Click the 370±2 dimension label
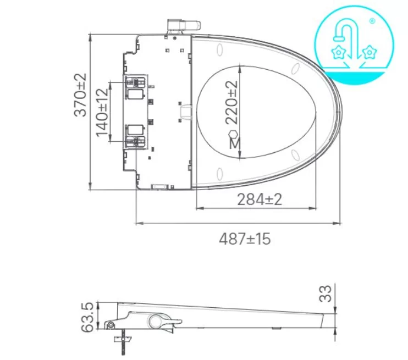tap(81, 95)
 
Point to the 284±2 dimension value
tap(260, 200)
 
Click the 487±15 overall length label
tap(245, 240)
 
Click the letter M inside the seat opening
tap(234, 144)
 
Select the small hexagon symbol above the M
tap(233, 134)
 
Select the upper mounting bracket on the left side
tap(135, 82)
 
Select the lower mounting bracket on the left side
tap(135, 137)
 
